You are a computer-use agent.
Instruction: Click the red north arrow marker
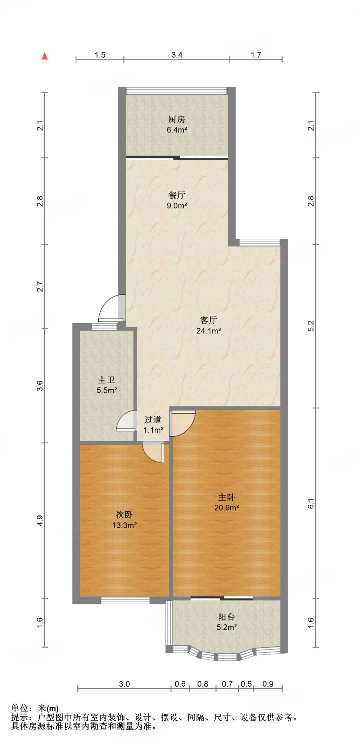(45, 56)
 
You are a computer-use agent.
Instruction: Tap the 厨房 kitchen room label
(177, 119)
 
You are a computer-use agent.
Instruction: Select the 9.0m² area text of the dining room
(177, 206)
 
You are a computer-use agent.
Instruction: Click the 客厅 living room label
(208, 320)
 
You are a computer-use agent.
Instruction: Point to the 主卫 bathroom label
(106, 380)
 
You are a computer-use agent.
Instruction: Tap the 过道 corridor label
(153, 420)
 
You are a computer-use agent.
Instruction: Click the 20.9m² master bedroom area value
(226, 508)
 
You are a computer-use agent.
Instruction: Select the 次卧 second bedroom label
(124, 515)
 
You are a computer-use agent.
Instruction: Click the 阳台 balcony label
(226, 617)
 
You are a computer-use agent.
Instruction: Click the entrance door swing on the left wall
(111, 308)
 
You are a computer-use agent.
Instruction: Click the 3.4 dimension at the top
(177, 55)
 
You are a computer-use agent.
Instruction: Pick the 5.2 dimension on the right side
(311, 326)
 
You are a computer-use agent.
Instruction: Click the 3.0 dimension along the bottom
(124, 684)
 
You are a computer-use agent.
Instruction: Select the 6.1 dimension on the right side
(311, 504)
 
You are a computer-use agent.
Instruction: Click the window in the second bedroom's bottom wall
(125, 600)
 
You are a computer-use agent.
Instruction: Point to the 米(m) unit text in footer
(48, 709)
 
